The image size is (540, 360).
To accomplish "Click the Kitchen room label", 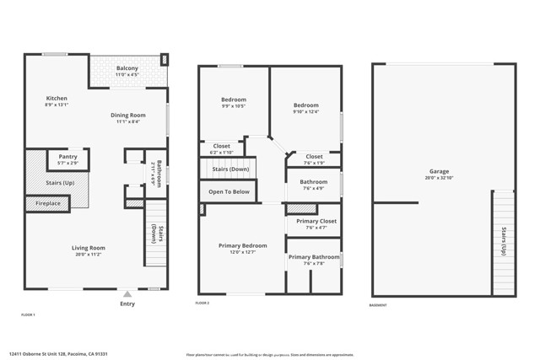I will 57,99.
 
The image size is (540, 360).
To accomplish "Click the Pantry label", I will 68,156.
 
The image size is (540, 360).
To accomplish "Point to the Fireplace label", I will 47,203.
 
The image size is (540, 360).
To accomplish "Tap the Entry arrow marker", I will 127,295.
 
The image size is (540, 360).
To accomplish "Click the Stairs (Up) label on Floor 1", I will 57,183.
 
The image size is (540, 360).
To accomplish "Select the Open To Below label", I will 229,192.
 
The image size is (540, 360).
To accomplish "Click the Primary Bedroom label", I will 242,245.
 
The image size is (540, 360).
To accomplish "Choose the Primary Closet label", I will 316,221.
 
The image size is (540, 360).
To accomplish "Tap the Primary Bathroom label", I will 314,257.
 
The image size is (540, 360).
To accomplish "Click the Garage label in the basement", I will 439,171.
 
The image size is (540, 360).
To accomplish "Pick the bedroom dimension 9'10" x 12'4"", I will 305,112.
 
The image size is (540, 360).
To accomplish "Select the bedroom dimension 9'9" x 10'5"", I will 234,106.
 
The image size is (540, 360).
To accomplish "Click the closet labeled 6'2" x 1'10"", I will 222,152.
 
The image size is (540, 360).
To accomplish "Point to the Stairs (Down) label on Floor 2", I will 229,169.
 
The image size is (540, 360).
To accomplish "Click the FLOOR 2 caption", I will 202,303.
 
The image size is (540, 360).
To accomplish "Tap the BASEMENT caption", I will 380,304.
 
